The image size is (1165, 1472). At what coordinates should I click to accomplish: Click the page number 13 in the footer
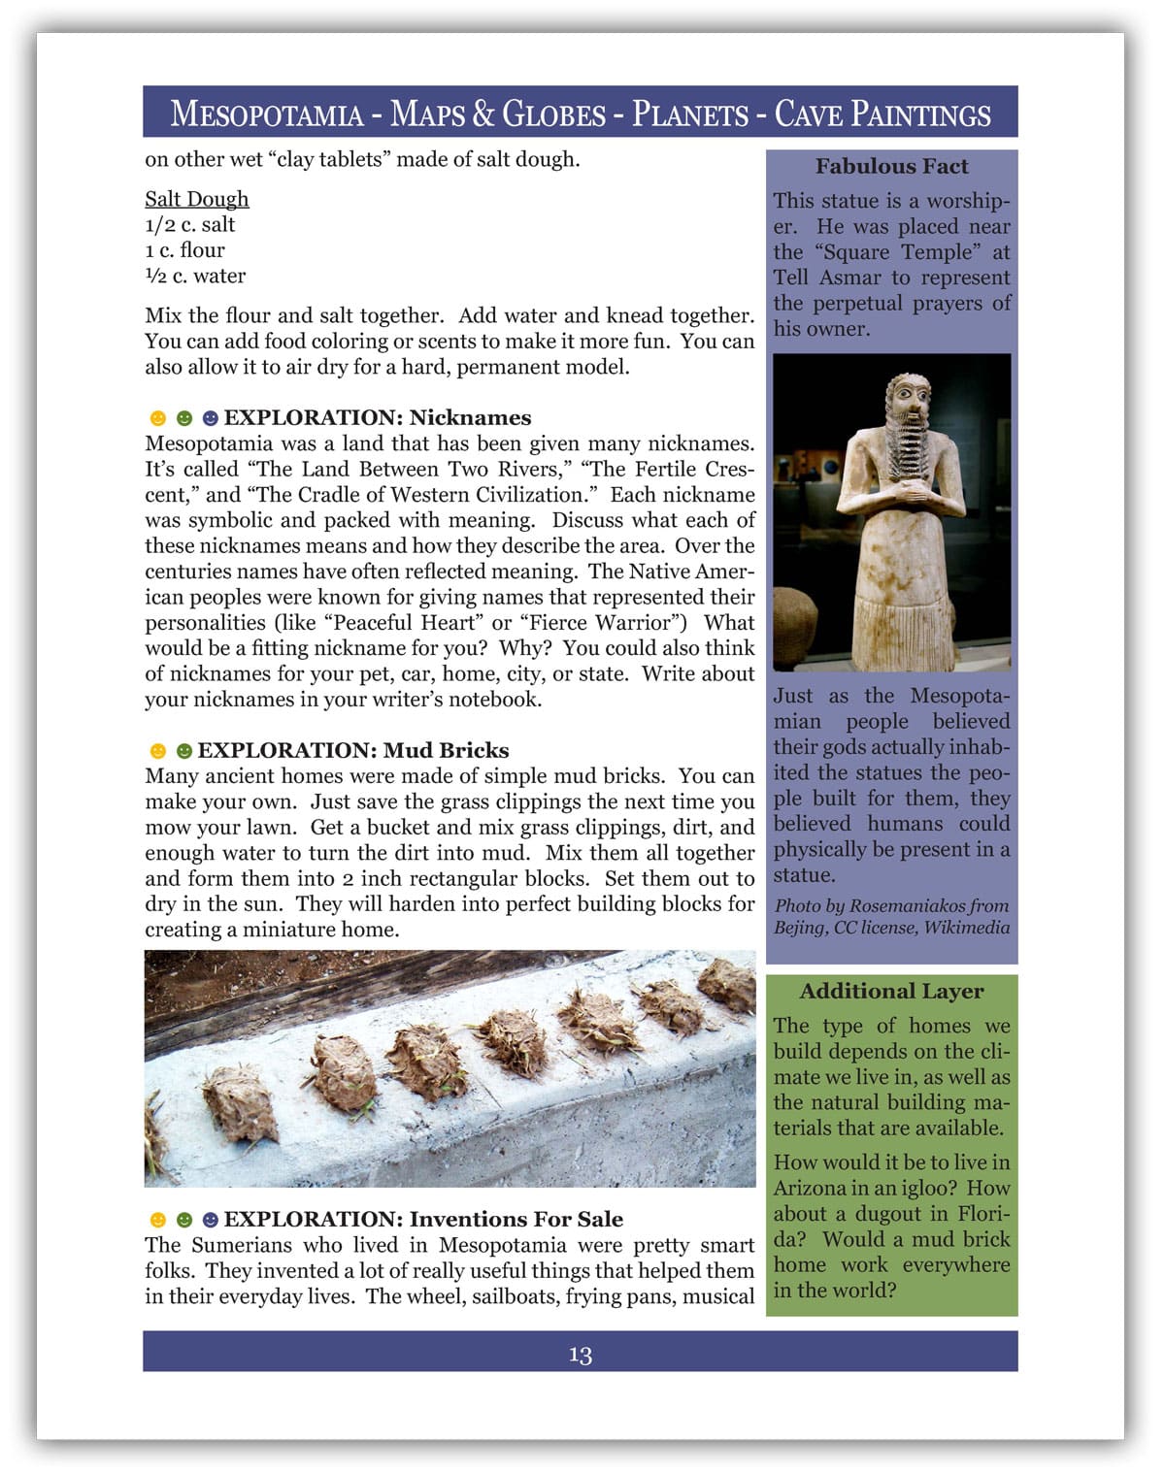581,1355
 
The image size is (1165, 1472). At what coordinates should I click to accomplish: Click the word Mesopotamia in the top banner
267,114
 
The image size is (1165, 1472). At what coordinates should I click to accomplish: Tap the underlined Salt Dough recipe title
197,199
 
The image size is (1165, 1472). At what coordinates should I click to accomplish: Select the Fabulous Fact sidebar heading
891,166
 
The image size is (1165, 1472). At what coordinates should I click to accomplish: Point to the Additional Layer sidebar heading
891,991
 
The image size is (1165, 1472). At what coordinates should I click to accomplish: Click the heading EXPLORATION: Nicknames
378,417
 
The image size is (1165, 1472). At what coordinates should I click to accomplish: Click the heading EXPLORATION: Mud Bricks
352,750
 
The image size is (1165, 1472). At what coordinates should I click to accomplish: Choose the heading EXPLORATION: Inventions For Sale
423,1219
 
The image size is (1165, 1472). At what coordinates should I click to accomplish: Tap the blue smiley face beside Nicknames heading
210,418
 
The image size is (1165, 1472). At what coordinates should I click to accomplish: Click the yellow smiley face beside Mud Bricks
157,751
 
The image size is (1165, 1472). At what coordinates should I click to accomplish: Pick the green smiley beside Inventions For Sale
183,1220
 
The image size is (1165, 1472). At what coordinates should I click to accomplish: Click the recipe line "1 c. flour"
184,249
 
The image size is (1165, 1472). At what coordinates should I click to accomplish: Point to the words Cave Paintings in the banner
882,114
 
